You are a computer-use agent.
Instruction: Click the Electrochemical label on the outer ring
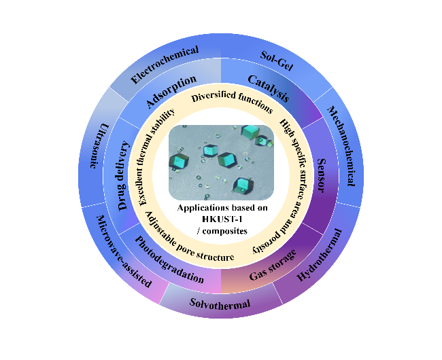pos(165,65)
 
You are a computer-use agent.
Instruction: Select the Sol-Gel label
pos(277,61)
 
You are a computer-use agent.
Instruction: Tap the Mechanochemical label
pos(341,146)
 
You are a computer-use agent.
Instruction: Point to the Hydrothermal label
pos(320,255)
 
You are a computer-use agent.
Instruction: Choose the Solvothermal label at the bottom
pos(220,304)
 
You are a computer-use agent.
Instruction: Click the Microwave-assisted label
pos(124,251)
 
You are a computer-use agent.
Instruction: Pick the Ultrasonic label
pos(99,145)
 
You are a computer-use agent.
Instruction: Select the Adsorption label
pos(171,92)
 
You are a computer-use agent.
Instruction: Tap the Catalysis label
pos(269,88)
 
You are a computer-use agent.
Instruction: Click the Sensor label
pos(322,175)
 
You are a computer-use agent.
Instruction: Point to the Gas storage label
pos(273,265)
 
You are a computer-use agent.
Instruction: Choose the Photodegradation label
pos(169,259)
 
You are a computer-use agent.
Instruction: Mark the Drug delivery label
pos(123,176)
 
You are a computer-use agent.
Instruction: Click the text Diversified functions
pos(233,101)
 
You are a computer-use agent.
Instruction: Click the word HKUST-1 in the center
pos(222,219)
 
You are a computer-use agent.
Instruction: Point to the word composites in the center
pos(225,232)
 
